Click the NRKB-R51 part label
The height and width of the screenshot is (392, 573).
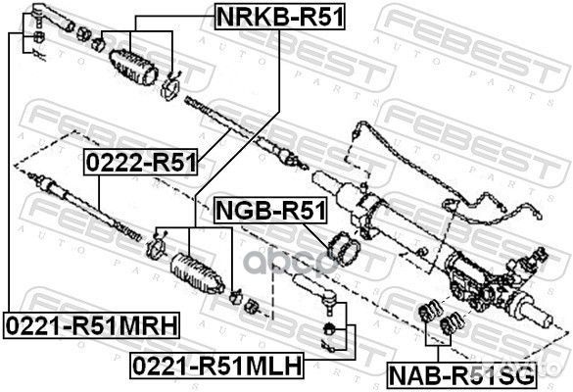pyautogui.click(x=280, y=15)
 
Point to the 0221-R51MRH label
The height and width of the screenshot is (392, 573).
pyautogui.click(x=89, y=323)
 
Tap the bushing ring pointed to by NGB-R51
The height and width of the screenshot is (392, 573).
pyautogui.click(x=346, y=250)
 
